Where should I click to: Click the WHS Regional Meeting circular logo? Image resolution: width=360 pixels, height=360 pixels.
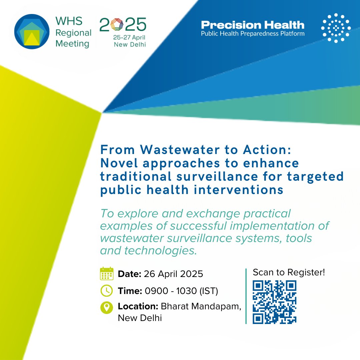coord(32,32)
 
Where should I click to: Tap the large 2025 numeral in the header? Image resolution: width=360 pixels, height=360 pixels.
coord(123,25)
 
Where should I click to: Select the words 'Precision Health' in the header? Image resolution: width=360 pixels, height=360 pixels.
coord(252,25)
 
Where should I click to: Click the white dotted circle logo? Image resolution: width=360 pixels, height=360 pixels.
coord(336,28)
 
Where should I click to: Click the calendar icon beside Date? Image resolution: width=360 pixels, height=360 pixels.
coord(107,274)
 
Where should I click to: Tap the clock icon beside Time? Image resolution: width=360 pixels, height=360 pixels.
coord(107,291)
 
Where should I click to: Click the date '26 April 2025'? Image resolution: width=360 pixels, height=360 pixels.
coord(173,274)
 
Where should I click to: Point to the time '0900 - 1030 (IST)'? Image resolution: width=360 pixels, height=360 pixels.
coord(181,291)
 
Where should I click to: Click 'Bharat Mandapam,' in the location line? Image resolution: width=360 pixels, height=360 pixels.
coord(201,307)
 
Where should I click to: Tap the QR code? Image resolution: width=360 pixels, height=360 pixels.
coord(274,302)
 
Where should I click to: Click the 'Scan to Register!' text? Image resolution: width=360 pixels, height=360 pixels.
coord(289,272)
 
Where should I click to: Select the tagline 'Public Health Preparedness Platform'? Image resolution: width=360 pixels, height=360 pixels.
coord(252,34)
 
